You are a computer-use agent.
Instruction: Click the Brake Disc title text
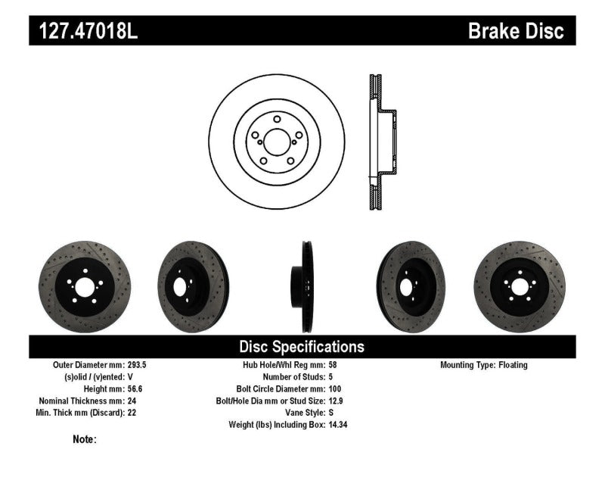tap(517, 31)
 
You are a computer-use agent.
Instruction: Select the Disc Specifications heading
tap(302, 347)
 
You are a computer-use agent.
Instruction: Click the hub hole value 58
tap(334, 365)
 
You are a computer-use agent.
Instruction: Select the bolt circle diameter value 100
tap(336, 389)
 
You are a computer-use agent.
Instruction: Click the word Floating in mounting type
tap(513, 365)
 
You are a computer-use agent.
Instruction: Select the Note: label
tap(85, 439)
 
